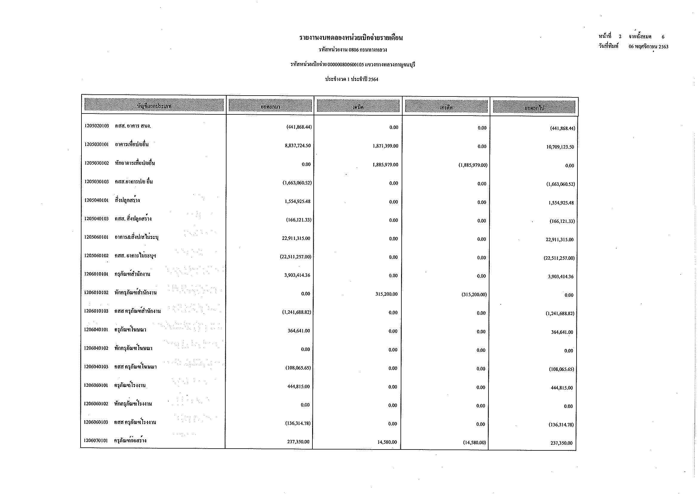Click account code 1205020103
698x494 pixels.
(x=97, y=126)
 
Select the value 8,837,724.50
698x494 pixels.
(x=298, y=145)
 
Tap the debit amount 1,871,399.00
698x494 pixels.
(x=385, y=146)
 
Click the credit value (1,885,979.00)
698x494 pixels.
(x=473, y=165)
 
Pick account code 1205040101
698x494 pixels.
(x=96, y=200)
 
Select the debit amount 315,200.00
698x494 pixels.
(x=386, y=294)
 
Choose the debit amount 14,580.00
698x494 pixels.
(x=387, y=442)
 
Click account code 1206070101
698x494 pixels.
(x=96, y=441)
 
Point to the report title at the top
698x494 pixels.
(x=351, y=38)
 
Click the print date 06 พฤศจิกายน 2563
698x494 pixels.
(x=648, y=47)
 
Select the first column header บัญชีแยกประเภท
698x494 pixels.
(x=154, y=105)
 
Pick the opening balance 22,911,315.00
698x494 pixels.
(x=296, y=238)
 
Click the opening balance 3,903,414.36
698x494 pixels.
(x=297, y=275)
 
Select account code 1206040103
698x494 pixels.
(x=96, y=367)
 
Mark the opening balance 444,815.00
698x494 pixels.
(x=298, y=386)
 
